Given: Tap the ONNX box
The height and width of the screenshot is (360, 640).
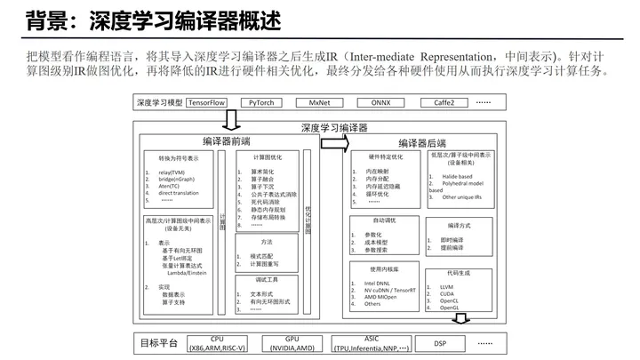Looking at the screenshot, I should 380,102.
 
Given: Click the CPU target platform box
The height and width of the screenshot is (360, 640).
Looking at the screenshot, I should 217,343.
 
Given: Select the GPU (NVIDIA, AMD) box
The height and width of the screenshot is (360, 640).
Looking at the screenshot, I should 292,343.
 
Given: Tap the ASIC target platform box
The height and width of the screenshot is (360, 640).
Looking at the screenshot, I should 372,343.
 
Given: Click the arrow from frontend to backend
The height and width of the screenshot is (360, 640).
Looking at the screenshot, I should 332,143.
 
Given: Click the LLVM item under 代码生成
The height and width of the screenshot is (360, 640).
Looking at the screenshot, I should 446,287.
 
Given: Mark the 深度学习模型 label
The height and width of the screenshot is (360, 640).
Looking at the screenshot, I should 160,102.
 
